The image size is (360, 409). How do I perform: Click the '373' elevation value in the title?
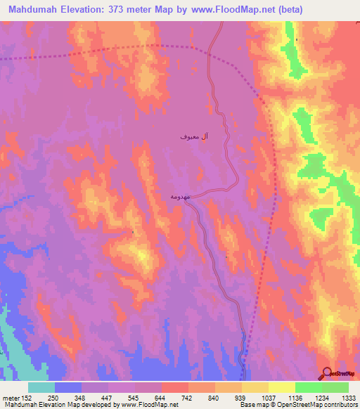point(127,9)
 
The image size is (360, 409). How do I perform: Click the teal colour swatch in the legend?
point(41,387)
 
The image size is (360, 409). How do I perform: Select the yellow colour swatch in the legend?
point(281,387)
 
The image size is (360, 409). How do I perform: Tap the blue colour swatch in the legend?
point(68,387)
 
